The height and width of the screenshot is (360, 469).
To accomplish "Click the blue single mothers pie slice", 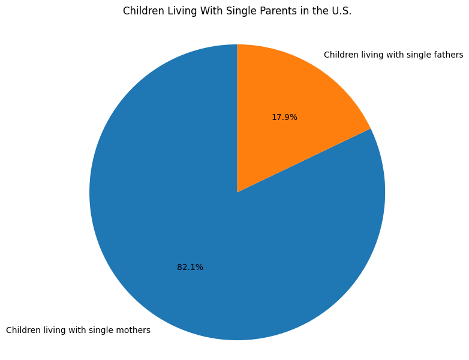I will click(x=180, y=228).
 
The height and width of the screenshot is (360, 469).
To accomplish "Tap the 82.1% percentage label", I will click(x=190, y=268).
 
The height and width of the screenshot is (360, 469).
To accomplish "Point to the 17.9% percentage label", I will click(x=284, y=118).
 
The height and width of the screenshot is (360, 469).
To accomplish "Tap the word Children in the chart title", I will click(x=143, y=11).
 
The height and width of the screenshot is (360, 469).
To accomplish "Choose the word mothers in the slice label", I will click(x=133, y=330).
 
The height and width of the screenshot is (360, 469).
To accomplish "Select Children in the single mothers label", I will click(x=23, y=330).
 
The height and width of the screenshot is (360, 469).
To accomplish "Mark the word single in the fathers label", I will click(x=419, y=55).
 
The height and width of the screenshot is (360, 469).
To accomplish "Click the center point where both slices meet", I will click(x=237, y=192).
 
